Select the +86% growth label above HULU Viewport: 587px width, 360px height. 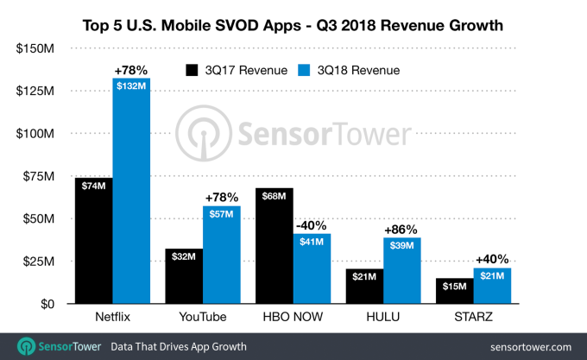pyautogui.click(x=403, y=230)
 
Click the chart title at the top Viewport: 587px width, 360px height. pyautogui.click(x=293, y=22)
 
